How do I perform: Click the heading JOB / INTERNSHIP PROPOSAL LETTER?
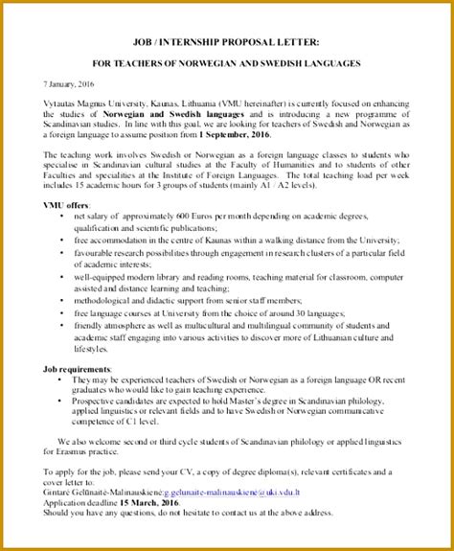(x=226, y=40)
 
